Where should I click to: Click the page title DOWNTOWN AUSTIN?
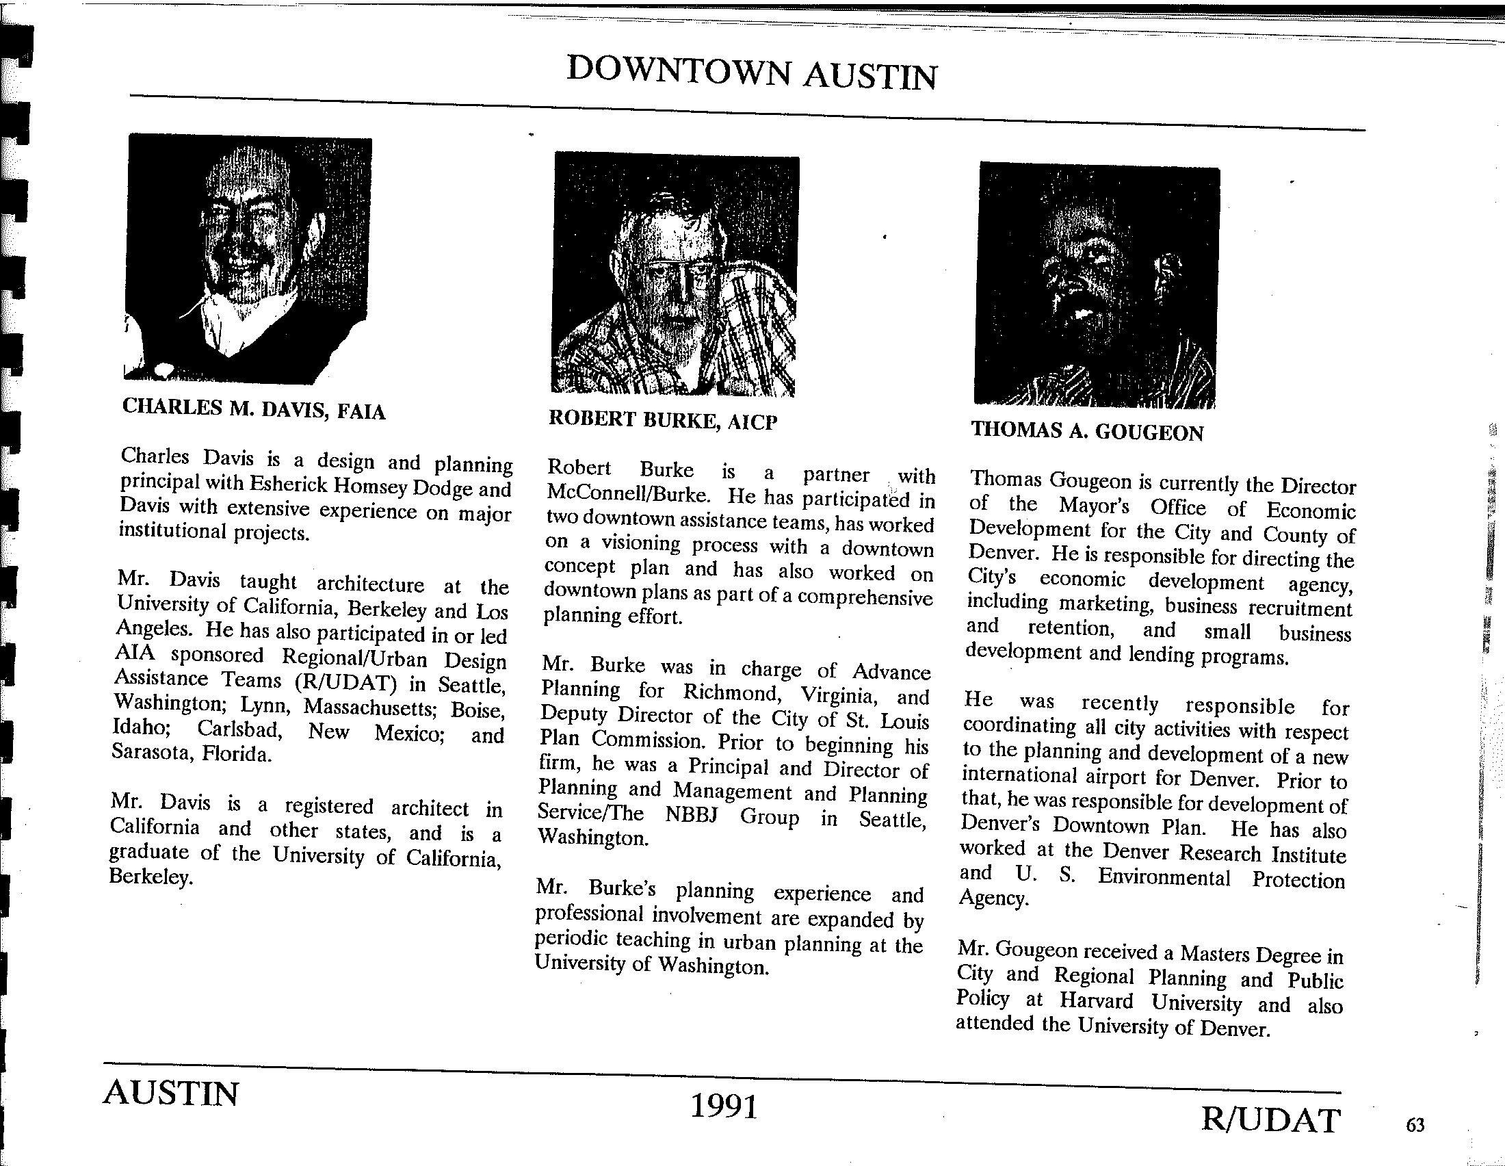click(x=751, y=73)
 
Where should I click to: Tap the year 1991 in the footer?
click(x=724, y=1106)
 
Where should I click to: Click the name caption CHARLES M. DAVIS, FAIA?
click(x=254, y=409)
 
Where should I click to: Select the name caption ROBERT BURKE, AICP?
click(x=662, y=419)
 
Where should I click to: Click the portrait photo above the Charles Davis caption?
click(x=248, y=259)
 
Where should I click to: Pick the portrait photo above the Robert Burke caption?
click(x=675, y=276)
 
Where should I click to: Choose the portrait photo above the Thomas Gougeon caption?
click(x=1097, y=286)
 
